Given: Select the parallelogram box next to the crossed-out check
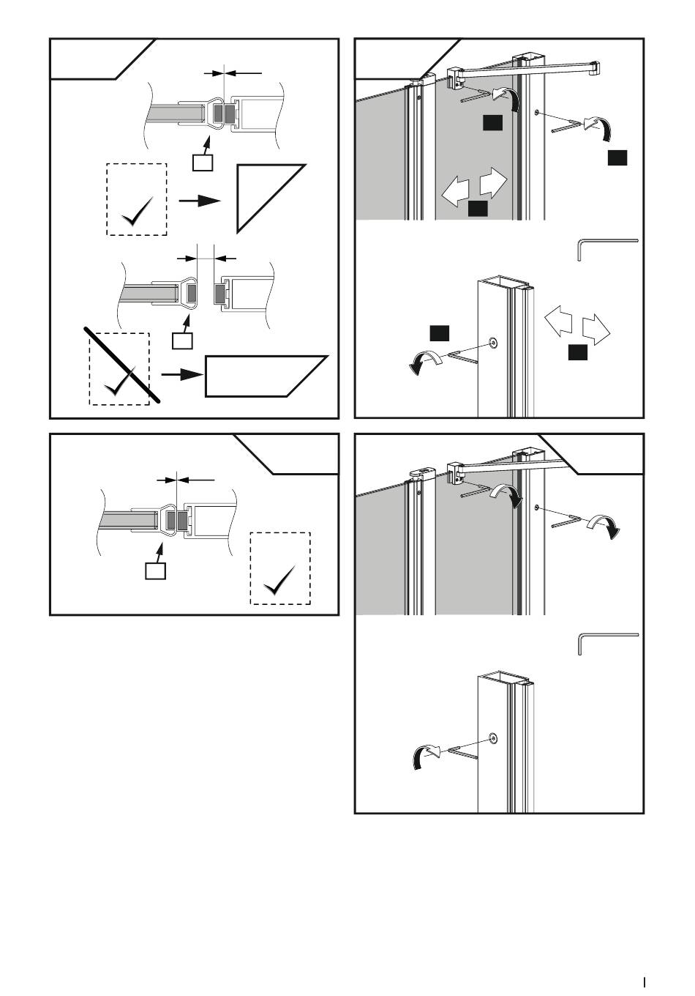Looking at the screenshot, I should (x=263, y=376).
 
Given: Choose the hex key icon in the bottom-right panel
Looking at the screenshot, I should (x=606, y=642).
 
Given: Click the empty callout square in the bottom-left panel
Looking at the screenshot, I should (x=155, y=571).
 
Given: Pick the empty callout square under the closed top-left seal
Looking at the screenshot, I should (x=202, y=162).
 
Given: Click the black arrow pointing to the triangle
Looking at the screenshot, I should (x=199, y=200).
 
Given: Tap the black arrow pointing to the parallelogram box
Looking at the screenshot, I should (x=181, y=374).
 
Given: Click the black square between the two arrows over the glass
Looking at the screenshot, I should (x=478, y=209).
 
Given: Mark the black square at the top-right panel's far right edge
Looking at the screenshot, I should (x=617, y=157).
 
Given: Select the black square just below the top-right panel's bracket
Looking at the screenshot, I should (x=492, y=123).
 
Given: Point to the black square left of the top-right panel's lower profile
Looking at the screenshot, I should (x=439, y=332).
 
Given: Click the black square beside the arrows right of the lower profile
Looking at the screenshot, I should (x=578, y=353).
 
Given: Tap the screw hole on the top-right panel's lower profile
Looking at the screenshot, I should (x=493, y=343).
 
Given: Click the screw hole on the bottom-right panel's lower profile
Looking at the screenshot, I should (x=493, y=738).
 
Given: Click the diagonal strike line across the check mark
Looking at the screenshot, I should (x=122, y=365).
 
